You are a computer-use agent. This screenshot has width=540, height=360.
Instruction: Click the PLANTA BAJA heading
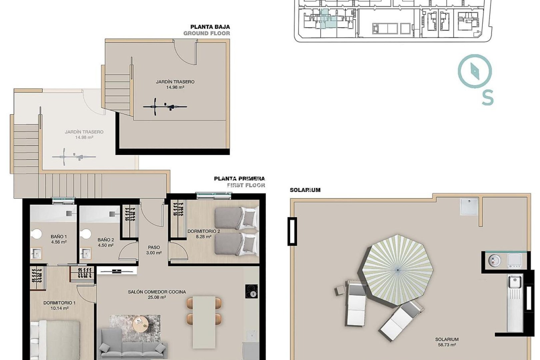coord(210,27)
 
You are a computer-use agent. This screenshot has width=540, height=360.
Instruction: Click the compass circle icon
coord(475,71)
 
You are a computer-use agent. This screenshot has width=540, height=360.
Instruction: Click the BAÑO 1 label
coord(59,237)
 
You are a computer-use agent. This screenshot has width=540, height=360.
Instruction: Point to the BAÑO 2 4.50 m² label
coord(106,242)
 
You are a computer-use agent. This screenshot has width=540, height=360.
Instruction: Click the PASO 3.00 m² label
coord(154,250)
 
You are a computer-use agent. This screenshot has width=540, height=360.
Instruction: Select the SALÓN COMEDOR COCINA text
coord(157,292)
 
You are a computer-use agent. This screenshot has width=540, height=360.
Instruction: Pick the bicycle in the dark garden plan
coord(165,107)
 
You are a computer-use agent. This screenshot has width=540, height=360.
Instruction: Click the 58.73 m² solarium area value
coord(447,345)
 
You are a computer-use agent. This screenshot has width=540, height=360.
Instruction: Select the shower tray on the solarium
coord(469,207)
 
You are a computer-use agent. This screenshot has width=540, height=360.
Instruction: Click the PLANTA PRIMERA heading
coord(239,179)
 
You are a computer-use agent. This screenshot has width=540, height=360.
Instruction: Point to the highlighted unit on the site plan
coord(324,18)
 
